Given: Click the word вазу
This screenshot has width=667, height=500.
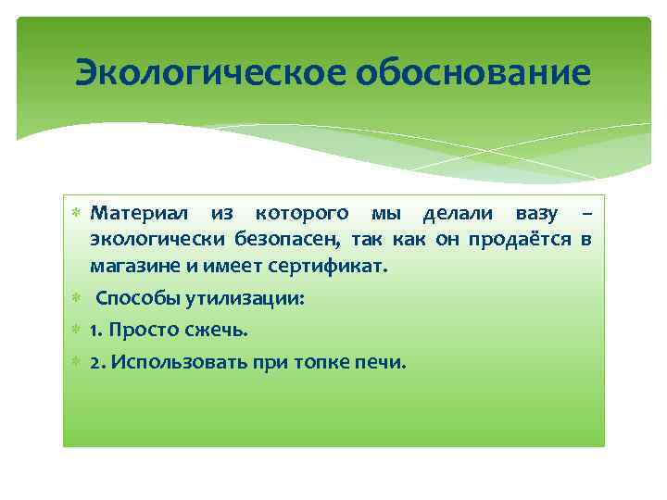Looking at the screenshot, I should point(534,214).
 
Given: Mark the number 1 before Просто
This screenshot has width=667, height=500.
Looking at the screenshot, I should point(95,331).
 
